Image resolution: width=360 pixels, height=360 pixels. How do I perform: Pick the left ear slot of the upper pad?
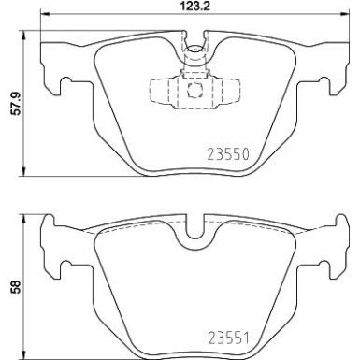click(63, 85)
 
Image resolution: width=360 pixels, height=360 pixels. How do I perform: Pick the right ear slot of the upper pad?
click(327, 85)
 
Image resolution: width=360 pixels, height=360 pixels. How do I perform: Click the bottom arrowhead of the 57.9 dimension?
click(23, 170)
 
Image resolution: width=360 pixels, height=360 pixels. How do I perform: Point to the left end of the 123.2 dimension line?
click(44, 19)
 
